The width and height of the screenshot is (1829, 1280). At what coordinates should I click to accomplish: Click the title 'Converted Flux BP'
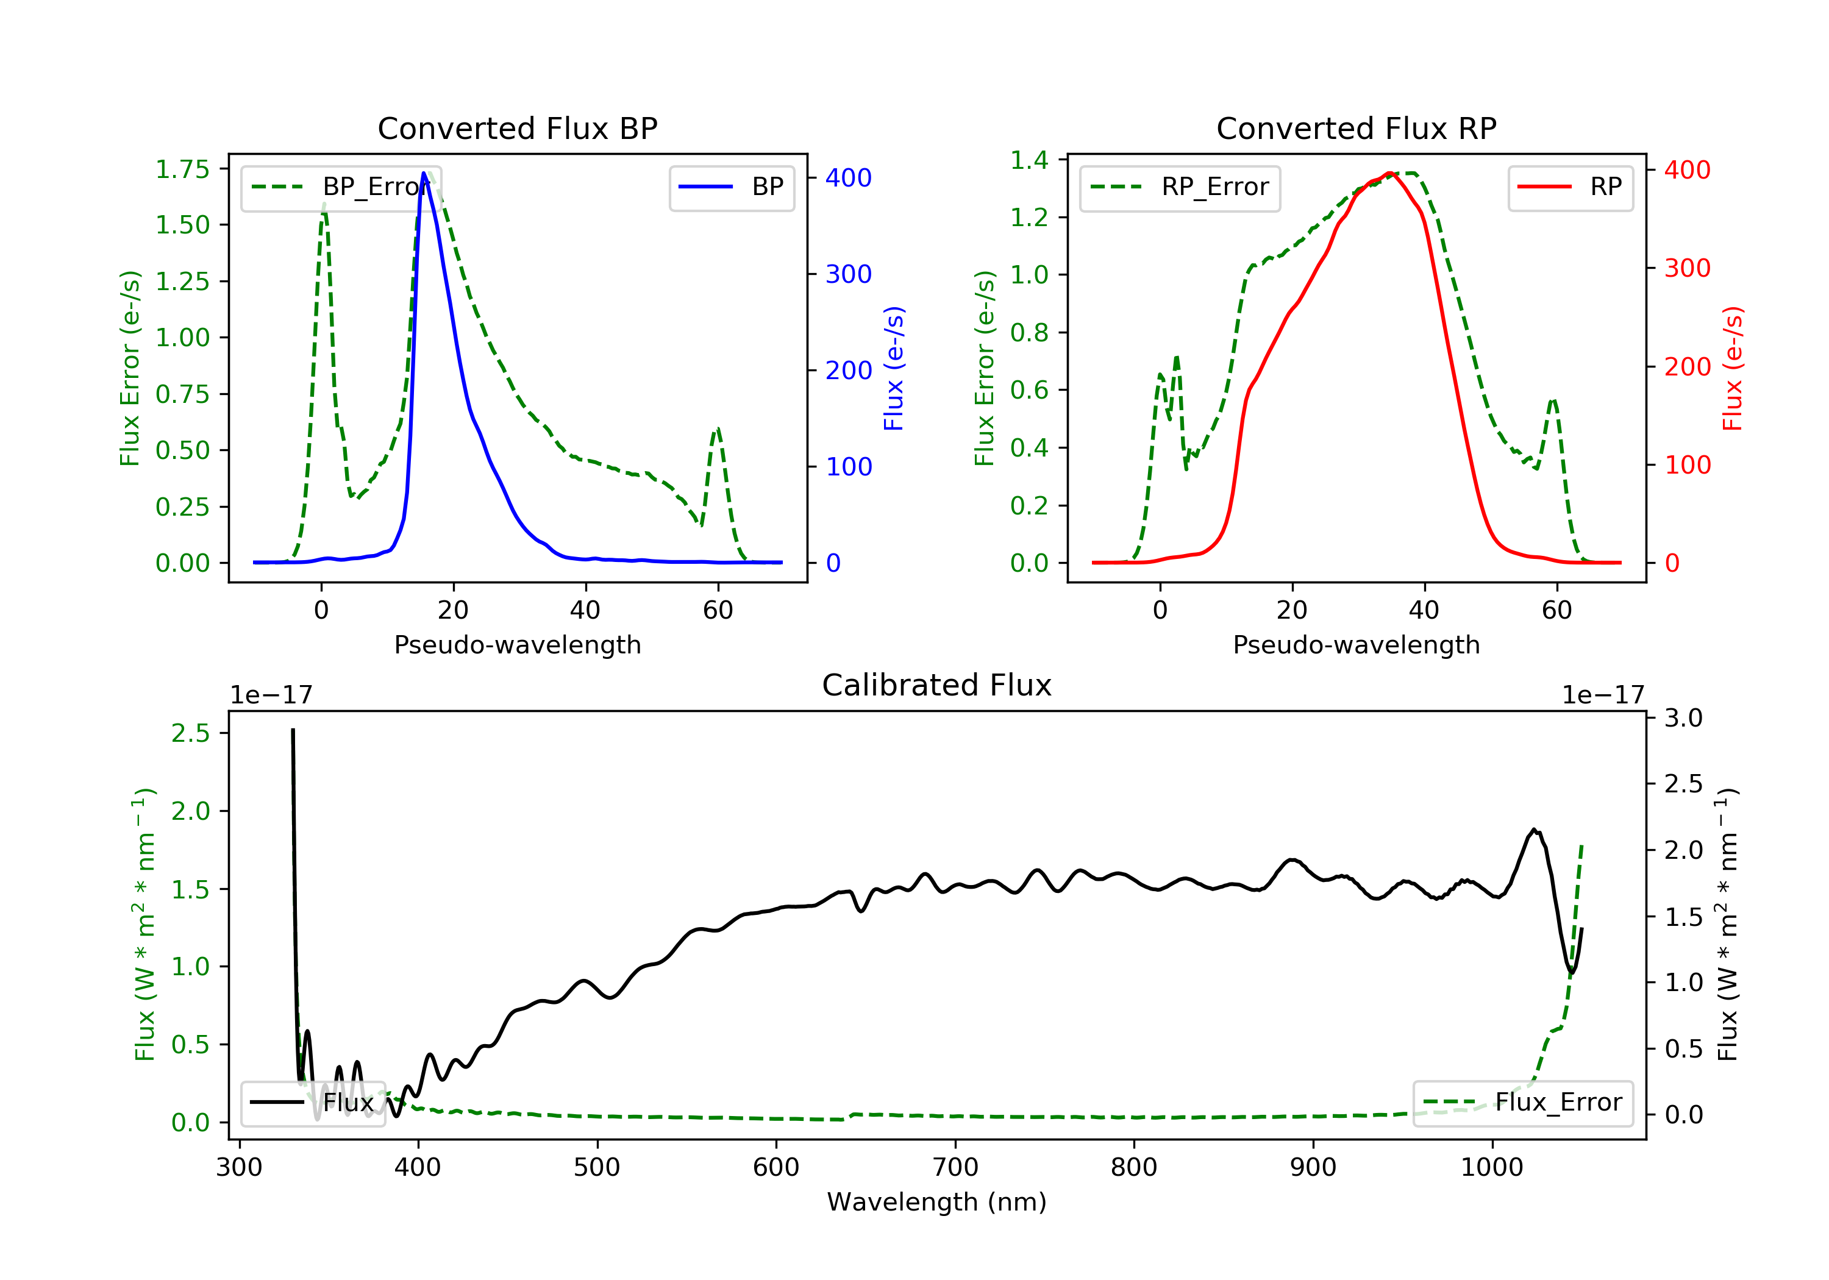(517, 128)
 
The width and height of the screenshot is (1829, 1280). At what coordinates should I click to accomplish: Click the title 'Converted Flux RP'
(1356, 128)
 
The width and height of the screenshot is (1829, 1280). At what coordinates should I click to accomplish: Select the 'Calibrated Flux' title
(937, 685)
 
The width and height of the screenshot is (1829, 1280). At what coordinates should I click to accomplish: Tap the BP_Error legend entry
(341, 188)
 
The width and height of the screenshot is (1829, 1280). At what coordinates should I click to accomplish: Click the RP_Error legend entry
(1180, 188)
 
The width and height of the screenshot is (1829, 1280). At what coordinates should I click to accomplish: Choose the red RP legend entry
(1570, 187)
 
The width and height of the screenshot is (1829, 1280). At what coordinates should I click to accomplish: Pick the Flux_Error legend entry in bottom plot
(1522, 1103)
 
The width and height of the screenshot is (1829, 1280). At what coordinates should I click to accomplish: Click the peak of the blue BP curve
(424, 173)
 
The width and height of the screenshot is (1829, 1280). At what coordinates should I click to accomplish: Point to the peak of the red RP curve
(1388, 173)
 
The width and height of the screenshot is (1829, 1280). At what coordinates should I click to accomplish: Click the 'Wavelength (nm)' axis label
(937, 1202)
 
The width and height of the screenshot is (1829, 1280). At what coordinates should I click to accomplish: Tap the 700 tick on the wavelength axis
(955, 1167)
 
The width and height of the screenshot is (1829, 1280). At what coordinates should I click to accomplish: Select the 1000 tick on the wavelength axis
(1492, 1167)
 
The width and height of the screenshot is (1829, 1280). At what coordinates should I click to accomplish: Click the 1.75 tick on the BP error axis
(182, 169)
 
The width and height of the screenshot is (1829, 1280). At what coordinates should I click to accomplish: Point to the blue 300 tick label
(849, 274)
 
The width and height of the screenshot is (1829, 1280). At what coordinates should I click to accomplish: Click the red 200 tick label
(1687, 366)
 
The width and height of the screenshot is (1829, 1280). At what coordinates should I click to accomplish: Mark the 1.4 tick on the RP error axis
(1029, 159)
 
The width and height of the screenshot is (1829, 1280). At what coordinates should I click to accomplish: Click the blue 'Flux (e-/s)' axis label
(894, 369)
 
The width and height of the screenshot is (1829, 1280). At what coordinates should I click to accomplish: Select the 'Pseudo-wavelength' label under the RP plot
(1356, 644)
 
